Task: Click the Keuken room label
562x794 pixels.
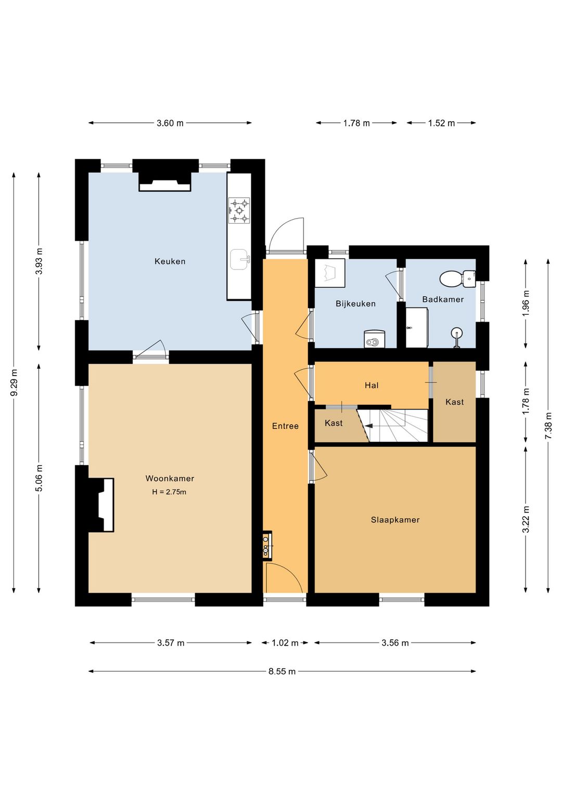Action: point(170,261)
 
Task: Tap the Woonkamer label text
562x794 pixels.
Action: point(170,479)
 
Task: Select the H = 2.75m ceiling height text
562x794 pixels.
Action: point(169,492)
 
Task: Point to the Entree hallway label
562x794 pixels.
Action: point(286,426)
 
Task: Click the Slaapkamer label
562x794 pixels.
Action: point(395,520)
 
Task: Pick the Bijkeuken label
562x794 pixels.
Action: point(355,304)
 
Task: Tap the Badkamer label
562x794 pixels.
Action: point(443,300)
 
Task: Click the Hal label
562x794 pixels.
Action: point(372,386)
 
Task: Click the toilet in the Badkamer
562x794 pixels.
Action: point(457,278)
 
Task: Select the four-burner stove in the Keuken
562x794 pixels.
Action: point(239,211)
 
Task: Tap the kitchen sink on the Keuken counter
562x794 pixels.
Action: point(240,259)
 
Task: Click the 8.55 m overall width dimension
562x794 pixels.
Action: point(282,671)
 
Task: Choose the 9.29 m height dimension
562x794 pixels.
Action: point(14,382)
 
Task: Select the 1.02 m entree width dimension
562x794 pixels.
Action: point(285,643)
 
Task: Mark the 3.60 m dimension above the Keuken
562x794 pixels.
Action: point(170,123)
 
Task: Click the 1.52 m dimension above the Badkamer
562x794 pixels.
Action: point(441,123)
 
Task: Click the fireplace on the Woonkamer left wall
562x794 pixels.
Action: point(101,504)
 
